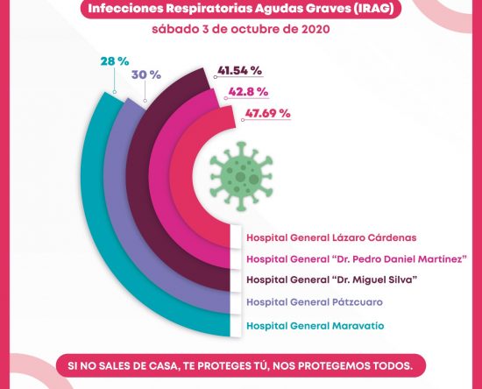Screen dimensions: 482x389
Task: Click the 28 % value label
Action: (x=115, y=61)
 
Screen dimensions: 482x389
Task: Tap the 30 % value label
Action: (x=146, y=74)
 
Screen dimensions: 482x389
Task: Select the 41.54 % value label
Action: (x=240, y=71)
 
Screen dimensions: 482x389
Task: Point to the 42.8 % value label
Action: (x=248, y=92)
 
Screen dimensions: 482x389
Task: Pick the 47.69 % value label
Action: (x=268, y=113)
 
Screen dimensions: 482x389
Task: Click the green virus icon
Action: (x=241, y=176)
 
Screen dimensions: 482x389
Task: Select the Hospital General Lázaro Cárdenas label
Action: (x=331, y=237)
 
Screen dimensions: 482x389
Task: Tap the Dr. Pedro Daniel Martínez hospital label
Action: (x=357, y=258)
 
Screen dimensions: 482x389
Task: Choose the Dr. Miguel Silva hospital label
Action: (x=332, y=279)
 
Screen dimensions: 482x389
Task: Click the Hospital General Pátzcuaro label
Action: (x=315, y=302)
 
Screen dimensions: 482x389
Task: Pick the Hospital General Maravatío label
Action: (x=315, y=326)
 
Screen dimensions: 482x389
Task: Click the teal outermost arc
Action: (x=92, y=215)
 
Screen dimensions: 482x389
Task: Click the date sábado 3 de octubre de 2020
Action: (x=241, y=29)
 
